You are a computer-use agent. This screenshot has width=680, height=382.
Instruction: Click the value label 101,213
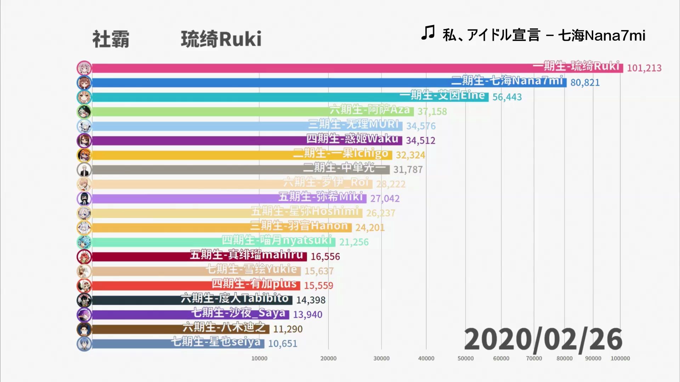tap(644, 68)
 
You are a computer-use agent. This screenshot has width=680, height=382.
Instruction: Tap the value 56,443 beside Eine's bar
tap(507, 97)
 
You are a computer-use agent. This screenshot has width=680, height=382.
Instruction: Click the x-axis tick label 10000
tap(259, 358)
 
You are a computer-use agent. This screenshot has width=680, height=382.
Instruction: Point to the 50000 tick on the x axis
tap(465, 358)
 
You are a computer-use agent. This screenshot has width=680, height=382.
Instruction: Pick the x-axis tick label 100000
tap(620, 358)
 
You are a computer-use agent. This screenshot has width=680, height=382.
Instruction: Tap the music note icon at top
tap(428, 33)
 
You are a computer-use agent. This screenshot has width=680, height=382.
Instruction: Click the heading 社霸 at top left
tap(111, 39)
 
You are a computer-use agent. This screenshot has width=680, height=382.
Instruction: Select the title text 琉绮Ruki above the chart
tap(221, 39)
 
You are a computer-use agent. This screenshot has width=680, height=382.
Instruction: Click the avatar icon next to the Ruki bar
tap(84, 68)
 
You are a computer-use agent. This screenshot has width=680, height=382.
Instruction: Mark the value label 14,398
tap(311, 300)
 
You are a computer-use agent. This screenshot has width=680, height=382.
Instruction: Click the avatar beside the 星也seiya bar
tap(84, 344)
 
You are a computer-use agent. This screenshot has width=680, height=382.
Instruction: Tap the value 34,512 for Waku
tap(420, 140)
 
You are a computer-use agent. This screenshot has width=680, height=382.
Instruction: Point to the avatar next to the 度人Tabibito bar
tap(84, 300)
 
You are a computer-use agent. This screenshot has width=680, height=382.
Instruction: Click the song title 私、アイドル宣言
tap(491, 35)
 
